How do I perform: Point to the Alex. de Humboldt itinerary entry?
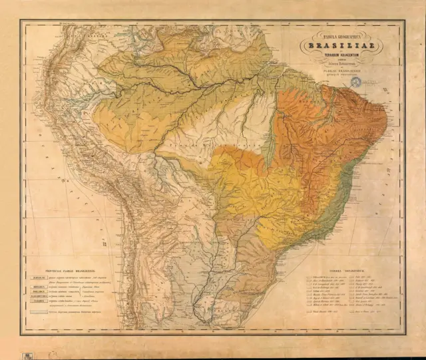pos(316,280)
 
